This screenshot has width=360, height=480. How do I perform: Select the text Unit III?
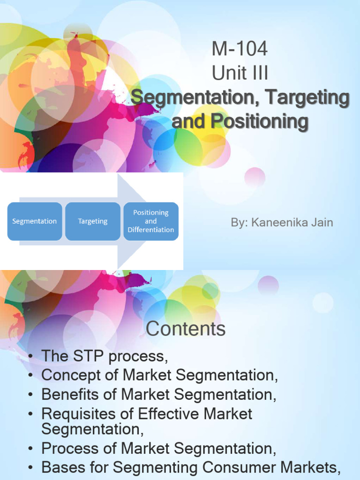coord(240,74)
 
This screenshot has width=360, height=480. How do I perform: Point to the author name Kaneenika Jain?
coord(292,222)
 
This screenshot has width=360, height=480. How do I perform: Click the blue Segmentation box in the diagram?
coord(34,221)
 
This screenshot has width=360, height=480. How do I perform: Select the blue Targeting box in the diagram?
coord(93,221)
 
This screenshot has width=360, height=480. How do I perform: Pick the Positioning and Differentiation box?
coord(150,221)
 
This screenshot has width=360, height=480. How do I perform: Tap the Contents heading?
coord(186,329)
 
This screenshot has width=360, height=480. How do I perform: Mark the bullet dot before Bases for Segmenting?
coord(30,468)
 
